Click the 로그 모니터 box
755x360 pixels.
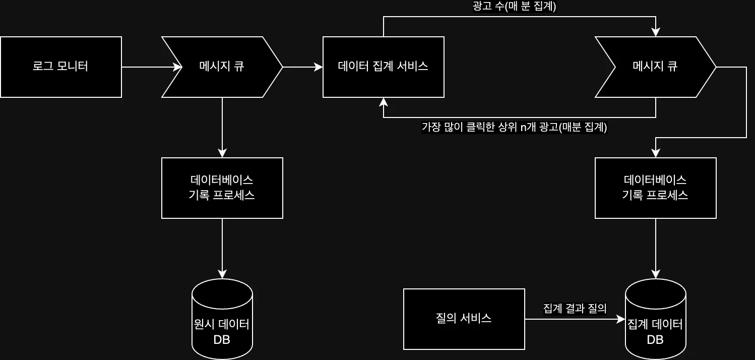pyautogui.click(x=61, y=67)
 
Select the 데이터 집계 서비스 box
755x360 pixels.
pyautogui.click(x=383, y=67)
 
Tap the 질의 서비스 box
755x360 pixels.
pyautogui.click(x=464, y=319)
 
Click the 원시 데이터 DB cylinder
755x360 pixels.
pyautogui.click(x=222, y=319)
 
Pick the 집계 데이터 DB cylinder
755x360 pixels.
pyautogui.click(x=655, y=319)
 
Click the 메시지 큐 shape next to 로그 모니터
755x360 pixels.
pyautogui.click(x=222, y=67)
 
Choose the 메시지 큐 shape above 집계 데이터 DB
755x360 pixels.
pyautogui.click(x=655, y=67)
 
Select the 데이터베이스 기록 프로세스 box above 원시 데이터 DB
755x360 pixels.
pyautogui.click(x=222, y=188)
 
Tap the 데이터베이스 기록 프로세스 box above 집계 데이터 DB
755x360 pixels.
pyautogui.click(x=655, y=188)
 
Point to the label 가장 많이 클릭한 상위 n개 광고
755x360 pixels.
pyautogui.click(x=514, y=127)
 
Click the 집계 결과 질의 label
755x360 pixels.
pyautogui.click(x=575, y=309)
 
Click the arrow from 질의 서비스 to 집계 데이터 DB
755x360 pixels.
pyautogui.click(x=575, y=319)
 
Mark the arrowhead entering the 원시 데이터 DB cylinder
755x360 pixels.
pyautogui.click(x=222, y=275)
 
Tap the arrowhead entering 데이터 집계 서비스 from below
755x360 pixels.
pyautogui.click(x=384, y=102)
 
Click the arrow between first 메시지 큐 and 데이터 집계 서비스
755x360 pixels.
pyautogui.click(x=302, y=67)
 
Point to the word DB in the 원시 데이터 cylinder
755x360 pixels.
pyautogui.click(x=222, y=340)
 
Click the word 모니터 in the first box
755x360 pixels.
pyautogui.click(x=73, y=67)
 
